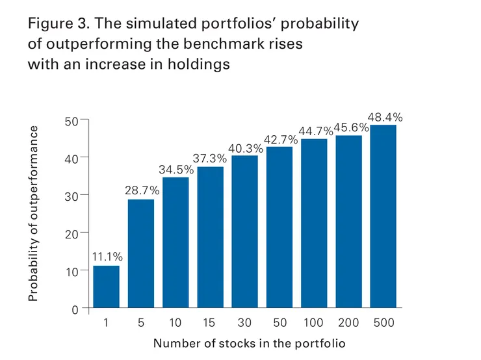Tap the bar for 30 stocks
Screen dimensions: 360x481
click(x=244, y=231)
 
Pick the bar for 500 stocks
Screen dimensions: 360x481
click(x=383, y=216)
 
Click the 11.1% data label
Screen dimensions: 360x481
click(x=107, y=257)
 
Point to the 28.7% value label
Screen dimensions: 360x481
click(x=141, y=190)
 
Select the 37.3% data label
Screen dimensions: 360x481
click(x=210, y=158)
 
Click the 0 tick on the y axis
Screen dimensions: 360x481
click(x=75, y=309)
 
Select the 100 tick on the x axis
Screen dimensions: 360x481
click(x=314, y=323)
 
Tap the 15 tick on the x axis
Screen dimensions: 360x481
click(x=210, y=323)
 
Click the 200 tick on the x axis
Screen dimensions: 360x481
click(x=348, y=323)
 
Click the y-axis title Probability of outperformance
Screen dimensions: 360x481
click(x=34, y=213)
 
